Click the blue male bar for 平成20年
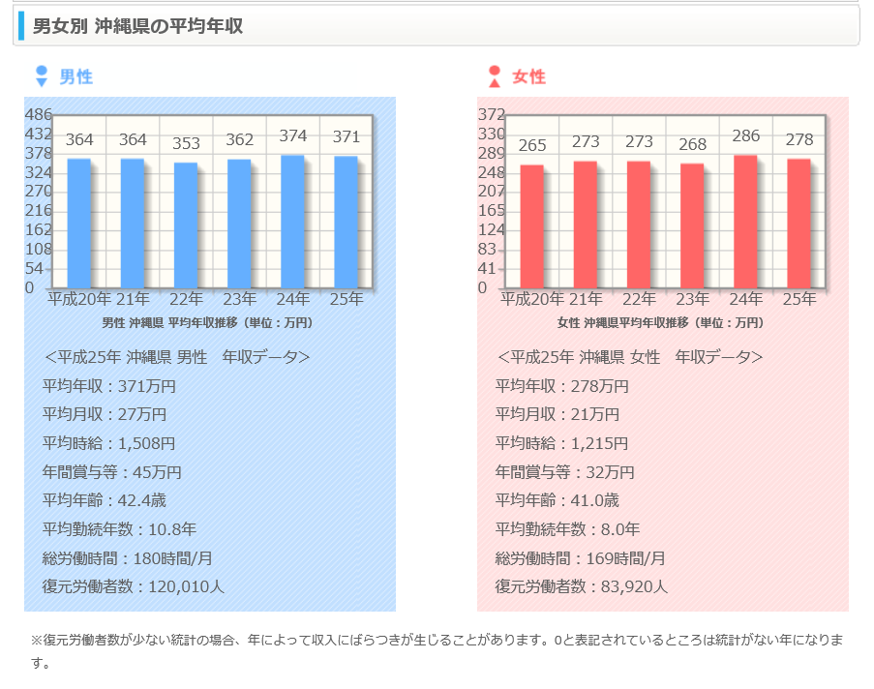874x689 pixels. point(79,224)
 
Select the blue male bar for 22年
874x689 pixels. point(186,225)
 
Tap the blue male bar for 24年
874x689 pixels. point(292,222)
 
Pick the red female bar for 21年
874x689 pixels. point(585,225)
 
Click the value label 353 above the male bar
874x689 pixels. point(186,143)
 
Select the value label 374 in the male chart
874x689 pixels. point(292,136)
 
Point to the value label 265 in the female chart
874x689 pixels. point(532,145)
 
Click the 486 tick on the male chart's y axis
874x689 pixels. point(38,114)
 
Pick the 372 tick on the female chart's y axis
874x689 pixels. point(492,114)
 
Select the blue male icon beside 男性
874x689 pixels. point(41,76)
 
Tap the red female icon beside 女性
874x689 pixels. point(495,76)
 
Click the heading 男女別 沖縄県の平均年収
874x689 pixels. point(137,26)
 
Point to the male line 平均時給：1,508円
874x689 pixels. point(109,443)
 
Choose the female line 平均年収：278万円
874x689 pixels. point(562,386)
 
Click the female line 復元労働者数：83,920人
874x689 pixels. point(582,586)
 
